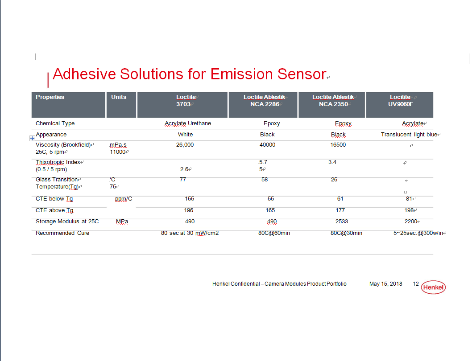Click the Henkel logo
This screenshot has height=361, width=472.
click(x=433, y=287)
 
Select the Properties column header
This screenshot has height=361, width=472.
click(x=50, y=97)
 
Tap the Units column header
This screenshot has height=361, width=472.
click(x=119, y=97)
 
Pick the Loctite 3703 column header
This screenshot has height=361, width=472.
click(x=186, y=101)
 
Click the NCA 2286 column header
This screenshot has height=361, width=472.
click(x=264, y=104)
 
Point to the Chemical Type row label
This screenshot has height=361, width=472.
click(x=55, y=123)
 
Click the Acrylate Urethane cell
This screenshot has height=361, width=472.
click(x=188, y=123)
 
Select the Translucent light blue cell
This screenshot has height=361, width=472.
click(x=409, y=135)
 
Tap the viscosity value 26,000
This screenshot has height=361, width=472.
click(x=185, y=145)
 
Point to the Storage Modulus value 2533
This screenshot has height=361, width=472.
click(x=342, y=222)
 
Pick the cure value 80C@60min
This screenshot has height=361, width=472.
click(x=274, y=233)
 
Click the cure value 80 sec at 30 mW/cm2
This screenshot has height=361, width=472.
click(x=190, y=233)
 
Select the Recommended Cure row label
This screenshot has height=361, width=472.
click(x=62, y=233)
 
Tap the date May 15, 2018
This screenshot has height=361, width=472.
click(x=386, y=284)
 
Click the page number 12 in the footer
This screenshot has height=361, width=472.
click(x=416, y=284)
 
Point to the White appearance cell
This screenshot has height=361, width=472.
click(x=186, y=135)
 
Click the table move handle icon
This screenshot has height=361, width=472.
click(x=32, y=139)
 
